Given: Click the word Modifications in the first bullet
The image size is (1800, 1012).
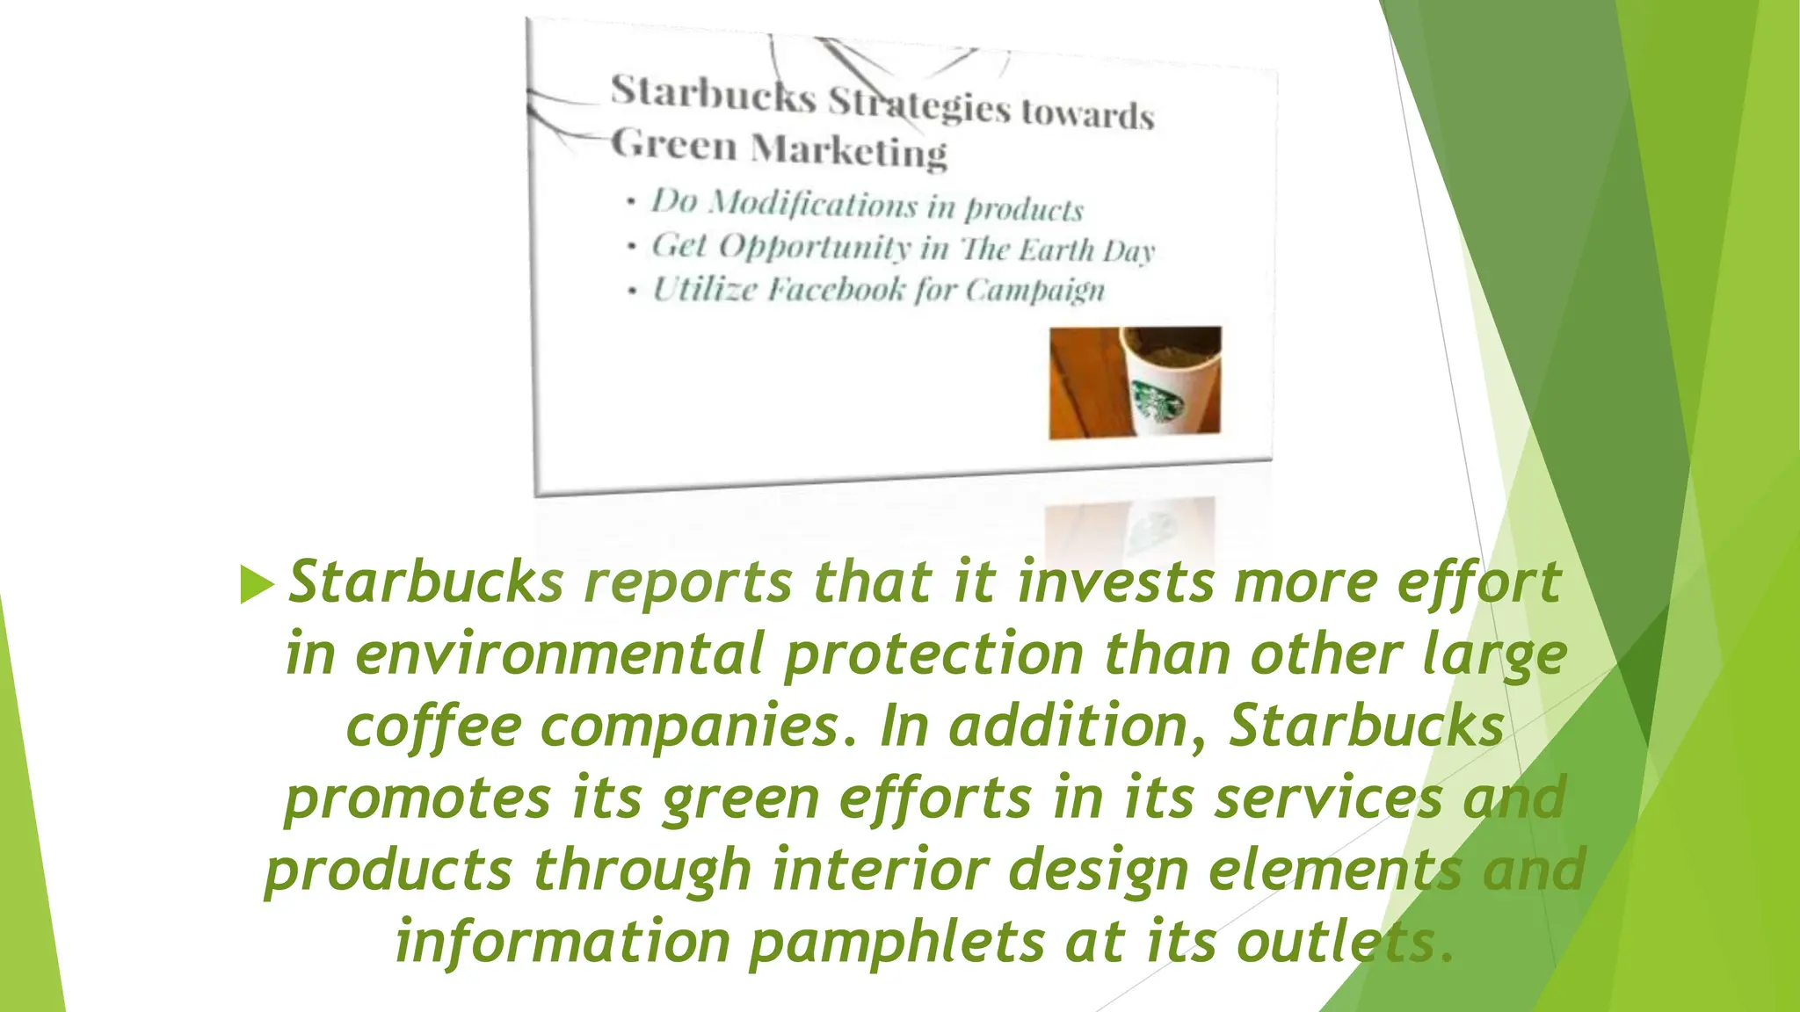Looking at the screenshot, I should (813, 204).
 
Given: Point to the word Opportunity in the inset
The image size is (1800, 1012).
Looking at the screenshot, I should (814, 247).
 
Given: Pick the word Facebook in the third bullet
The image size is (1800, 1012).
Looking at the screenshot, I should (836, 289).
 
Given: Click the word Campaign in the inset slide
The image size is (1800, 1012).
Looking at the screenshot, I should (1034, 291).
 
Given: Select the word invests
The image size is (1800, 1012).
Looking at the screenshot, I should (1115, 582).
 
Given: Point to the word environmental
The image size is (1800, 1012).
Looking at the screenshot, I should (559, 655).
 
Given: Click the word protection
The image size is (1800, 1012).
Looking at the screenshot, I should (933, 655).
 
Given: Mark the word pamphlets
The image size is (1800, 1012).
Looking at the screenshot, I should (896, 943).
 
